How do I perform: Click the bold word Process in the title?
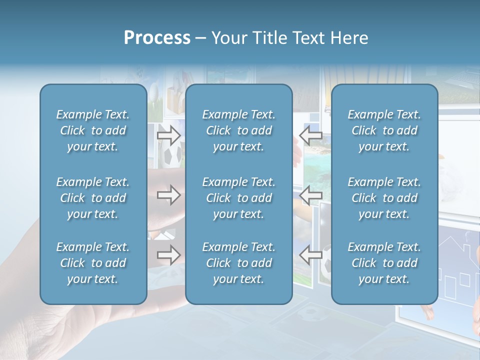pyautogui.click(x=157, y=38)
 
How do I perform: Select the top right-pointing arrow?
pyautogui.click(x=168, y=134)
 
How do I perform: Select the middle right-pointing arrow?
pyautogui.click(x=168, y=195)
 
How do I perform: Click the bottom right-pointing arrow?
pyautogui.click(x=168, y=255)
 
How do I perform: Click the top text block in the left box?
pyautogui.click(x=93, y=130)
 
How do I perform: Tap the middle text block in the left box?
pyautogui.click(x=93, y=198)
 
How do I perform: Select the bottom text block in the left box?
pyautogui.click(x=93, y=263)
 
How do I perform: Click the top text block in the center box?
pyautogui.click(x=238, y=130)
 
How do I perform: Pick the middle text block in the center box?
pyautogui.click(x=238, y=198)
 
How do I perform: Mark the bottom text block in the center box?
pyautogui.click(x=238, y=263)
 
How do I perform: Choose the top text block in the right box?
pyautogui.click(x=384, y=130)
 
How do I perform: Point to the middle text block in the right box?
pyautogui.click(x=384, y=198)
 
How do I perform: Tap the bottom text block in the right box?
pyautogui.click(x=384, y=263)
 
